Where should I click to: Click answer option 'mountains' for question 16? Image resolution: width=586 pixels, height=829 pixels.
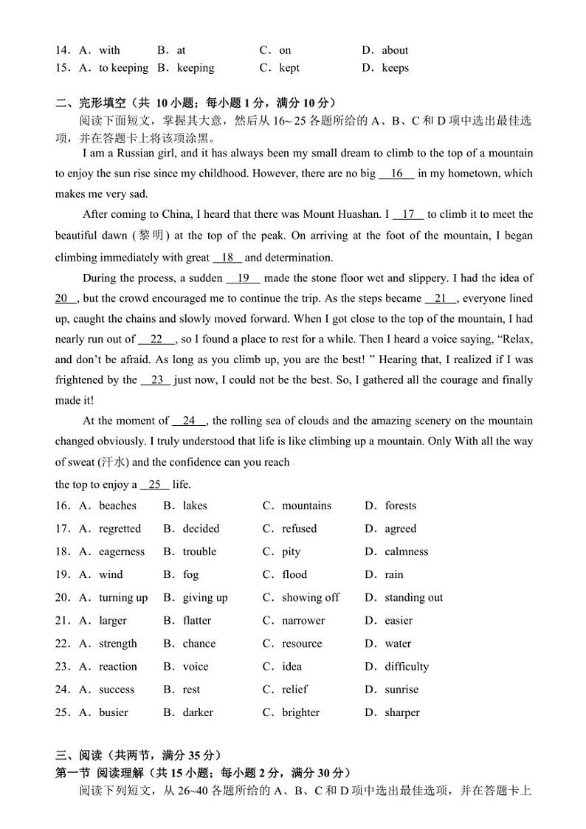coord(306,506)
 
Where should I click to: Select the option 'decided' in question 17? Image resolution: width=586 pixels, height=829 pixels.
coord(201,529)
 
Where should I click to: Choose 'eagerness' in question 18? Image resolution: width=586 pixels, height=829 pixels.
coord(122,551)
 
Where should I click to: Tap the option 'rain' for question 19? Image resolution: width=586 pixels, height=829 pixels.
coord(394,574)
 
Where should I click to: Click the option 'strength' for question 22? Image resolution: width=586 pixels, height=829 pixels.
coord(118,643)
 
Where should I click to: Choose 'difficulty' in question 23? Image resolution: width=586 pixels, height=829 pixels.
coord(406,666)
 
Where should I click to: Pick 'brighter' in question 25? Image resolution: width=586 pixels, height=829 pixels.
coord(300,712)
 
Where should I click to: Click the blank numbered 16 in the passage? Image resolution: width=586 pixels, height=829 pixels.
coord(397,173)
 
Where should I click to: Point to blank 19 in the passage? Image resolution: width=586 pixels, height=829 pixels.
coord(244,278)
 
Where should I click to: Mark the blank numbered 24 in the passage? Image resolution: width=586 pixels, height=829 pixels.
coord(189,421)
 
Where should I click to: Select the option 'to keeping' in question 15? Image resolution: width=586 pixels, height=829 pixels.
coord(123,68)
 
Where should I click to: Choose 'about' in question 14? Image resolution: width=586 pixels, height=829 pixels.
coord(395,50)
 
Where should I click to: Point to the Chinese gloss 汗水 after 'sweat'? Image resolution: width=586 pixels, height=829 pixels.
coord(113,462)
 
